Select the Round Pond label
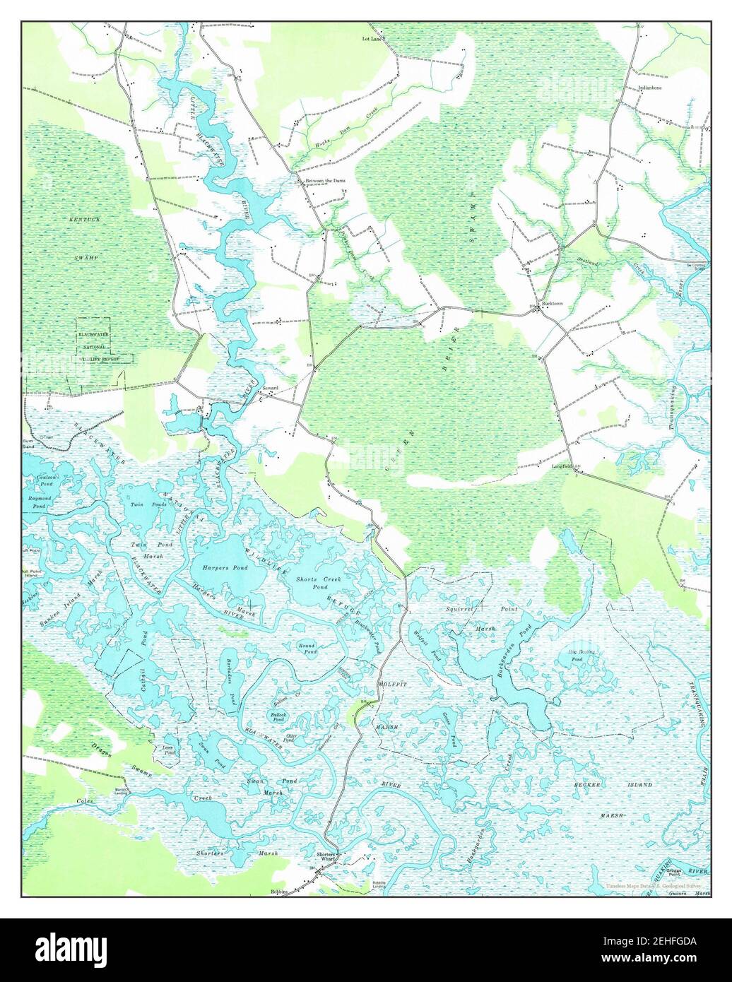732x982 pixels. tap(307, 649)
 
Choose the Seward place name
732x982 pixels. tap(271, 388)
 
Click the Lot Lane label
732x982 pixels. tap(372, 39)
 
